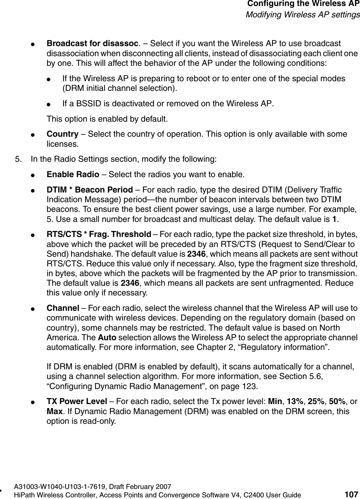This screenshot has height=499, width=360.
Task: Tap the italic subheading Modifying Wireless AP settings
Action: (303, 15)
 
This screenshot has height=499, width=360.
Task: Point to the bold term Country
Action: (62, 134)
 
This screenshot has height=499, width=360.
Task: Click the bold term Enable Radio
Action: (73, 174)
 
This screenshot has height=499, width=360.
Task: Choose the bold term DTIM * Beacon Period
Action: (89, 190)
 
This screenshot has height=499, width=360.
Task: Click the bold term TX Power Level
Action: (77, 401)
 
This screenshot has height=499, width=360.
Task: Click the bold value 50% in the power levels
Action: (337, 401)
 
